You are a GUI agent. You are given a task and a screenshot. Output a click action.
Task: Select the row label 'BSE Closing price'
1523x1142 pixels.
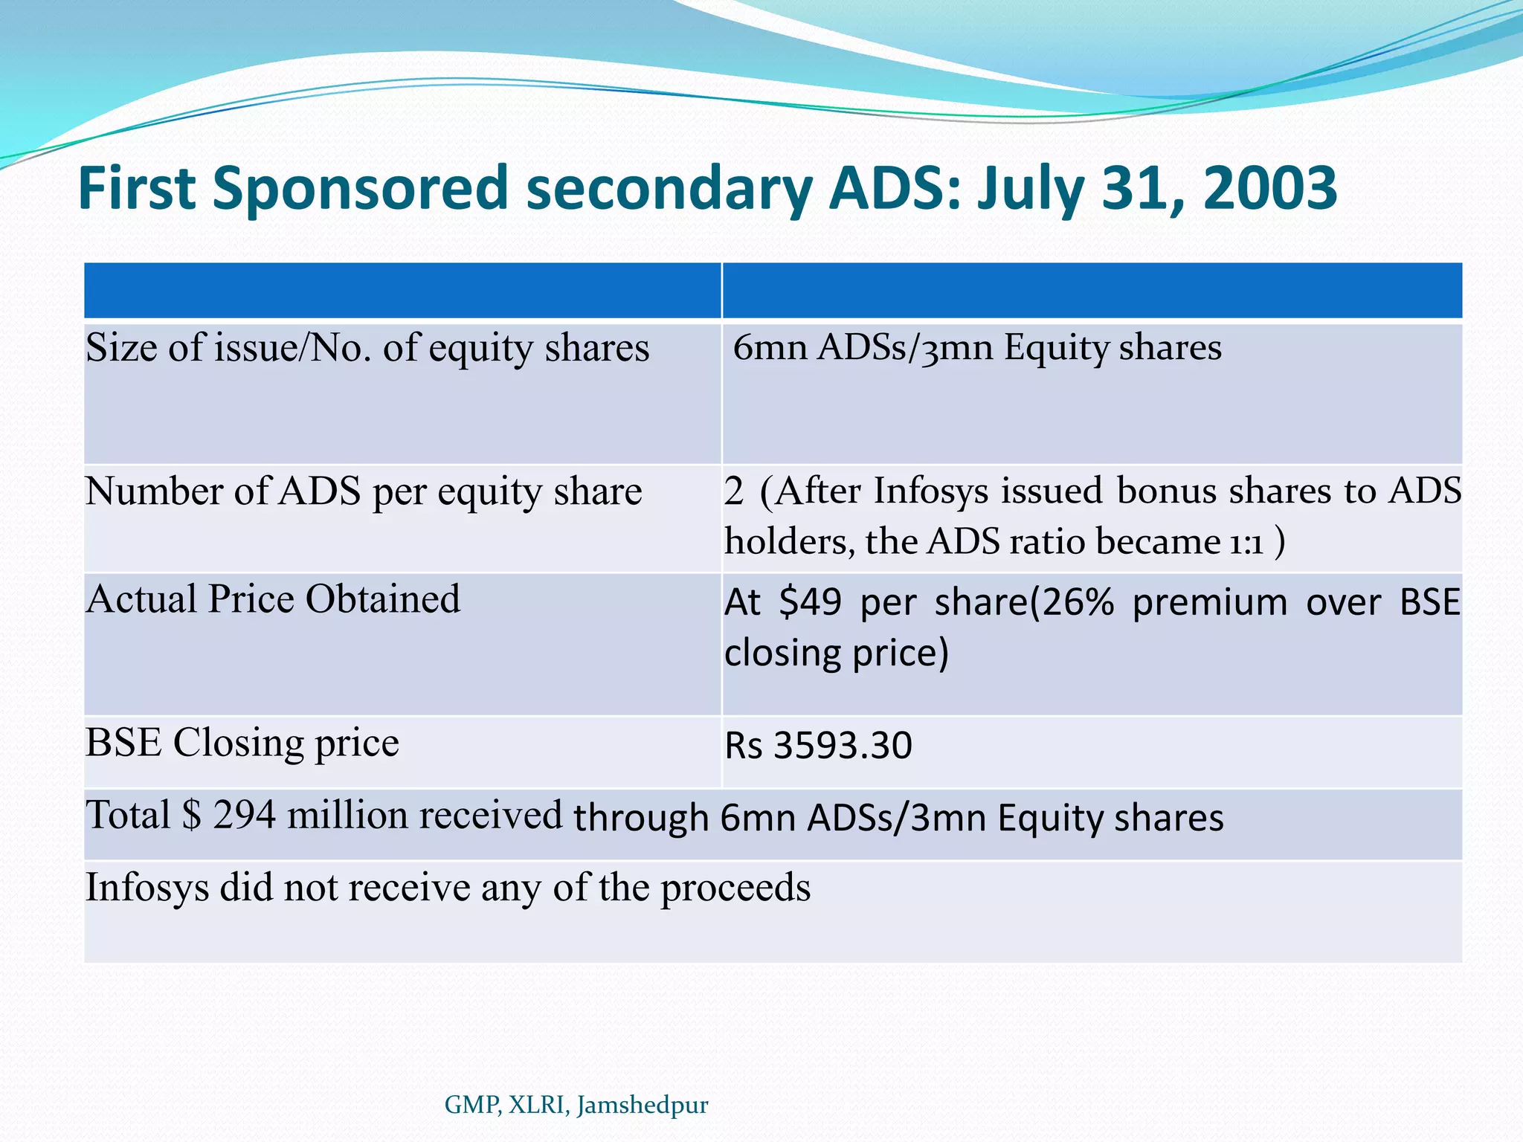click(242, 743)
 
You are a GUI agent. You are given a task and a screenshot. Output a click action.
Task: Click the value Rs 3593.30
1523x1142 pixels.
click(818, 746)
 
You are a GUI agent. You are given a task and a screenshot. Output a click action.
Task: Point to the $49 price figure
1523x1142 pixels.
click(810, 601)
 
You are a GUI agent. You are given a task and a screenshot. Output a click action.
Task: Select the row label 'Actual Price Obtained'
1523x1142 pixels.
click(273, 599)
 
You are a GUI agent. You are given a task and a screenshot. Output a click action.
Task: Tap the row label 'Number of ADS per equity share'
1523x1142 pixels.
click(363, 492)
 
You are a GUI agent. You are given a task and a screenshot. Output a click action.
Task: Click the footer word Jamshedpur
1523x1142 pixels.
click(643, 1105)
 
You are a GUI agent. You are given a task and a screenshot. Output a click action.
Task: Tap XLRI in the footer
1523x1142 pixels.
click(539, 1105)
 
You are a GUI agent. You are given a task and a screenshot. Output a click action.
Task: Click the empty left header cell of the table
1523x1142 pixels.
click(402, 291)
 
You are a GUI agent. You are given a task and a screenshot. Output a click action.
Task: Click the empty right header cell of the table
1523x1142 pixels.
click(1091, 291)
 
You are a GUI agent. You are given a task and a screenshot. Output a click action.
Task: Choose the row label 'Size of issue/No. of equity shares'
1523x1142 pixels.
click(367, 348)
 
